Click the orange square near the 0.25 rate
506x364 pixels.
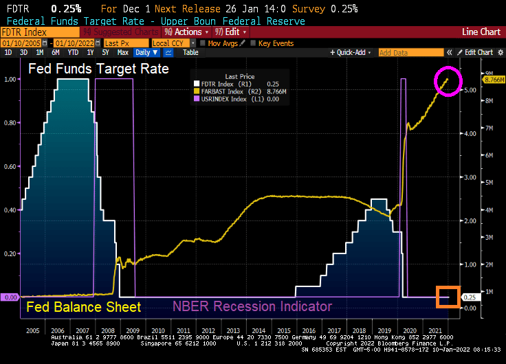click(x=448, y=297)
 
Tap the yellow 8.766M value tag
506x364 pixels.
click(x=493, y=80)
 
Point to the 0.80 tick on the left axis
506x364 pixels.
click(x=10, y=123)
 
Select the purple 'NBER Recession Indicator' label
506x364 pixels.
click(x=252, y=306)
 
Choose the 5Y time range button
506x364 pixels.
click(x=104, y=52)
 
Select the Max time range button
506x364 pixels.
click(x=122, y=52)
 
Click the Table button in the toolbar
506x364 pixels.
click(x=190, y=52)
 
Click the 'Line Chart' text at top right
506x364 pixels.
click(x=481, y=32)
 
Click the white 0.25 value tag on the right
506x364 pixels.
click(x=470, y=297)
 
